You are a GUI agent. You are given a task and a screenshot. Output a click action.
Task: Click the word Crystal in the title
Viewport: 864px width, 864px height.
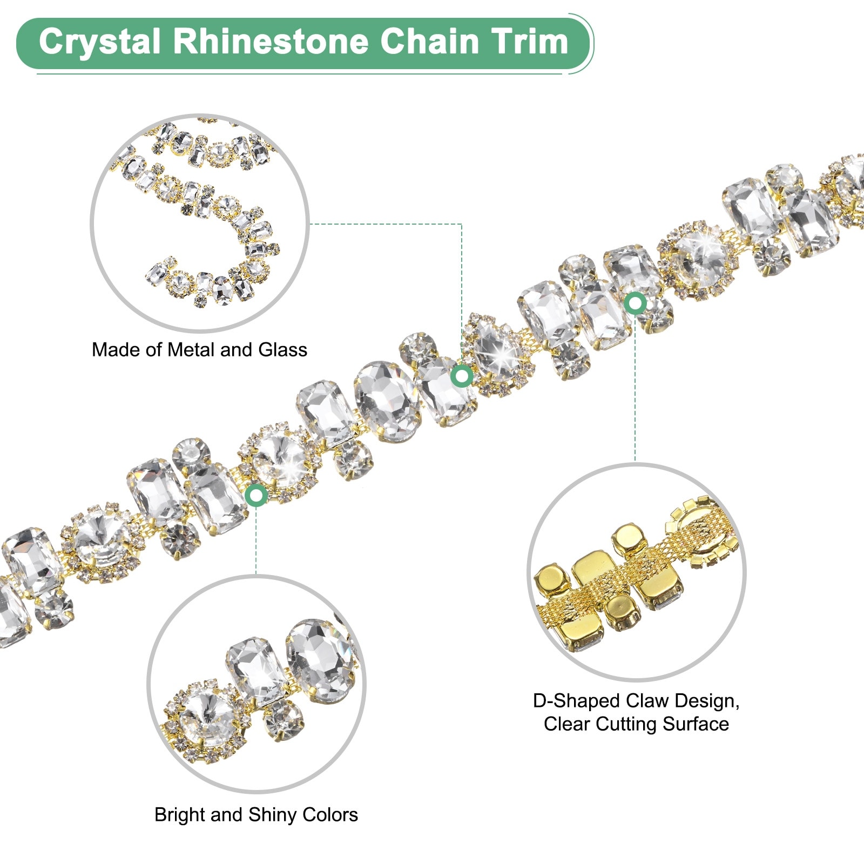click(100, 42)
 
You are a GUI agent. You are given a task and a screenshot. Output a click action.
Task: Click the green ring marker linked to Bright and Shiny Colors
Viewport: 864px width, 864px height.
click(256, 495)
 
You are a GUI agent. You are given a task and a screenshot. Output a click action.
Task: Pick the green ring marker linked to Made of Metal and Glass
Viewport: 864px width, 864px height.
click(462, 376)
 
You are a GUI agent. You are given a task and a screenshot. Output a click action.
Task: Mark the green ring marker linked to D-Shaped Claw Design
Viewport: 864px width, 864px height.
click(635, 303)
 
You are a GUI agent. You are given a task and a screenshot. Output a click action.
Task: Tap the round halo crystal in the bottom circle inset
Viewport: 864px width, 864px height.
click(207, 716)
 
